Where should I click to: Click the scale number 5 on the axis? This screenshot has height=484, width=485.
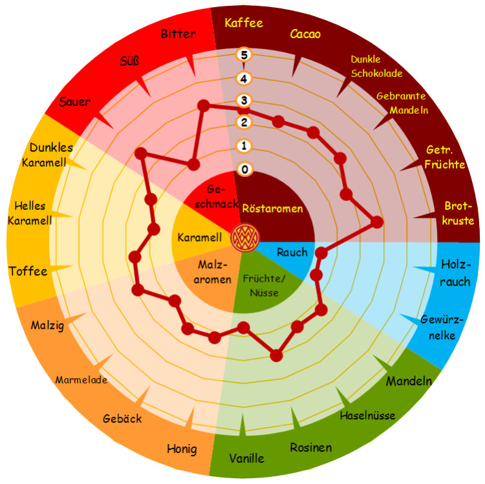coord(244,55)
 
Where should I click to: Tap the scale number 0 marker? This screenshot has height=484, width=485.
coord(244,169)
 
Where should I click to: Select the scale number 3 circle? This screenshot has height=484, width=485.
coord(244,100)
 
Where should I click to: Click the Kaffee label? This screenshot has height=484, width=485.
coord(244,23)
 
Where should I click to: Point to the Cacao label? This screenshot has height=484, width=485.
coord(305,34)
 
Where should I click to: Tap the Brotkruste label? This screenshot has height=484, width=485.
coord(458,213)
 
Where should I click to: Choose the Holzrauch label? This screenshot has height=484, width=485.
coord(455,273)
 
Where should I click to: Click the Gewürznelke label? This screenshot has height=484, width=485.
coord(442,328)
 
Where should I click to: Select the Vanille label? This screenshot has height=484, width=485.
coord(246,458)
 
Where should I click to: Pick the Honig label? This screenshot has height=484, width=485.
coord(182,448)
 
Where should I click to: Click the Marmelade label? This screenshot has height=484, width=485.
coord(81,379)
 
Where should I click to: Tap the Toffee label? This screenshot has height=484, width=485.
coord(28,271)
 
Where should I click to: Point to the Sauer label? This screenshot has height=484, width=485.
coord(75,101)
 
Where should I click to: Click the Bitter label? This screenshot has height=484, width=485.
coord(178,34)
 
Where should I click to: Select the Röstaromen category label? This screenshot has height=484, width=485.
coord(272,208)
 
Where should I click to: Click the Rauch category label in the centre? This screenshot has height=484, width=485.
coord(292,252)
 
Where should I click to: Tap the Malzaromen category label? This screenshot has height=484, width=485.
coord(213,272)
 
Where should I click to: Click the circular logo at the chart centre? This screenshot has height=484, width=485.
coord(245,238)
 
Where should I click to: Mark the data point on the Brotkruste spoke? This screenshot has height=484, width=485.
coord(377,222)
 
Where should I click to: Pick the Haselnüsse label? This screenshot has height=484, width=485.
coord(367,416)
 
